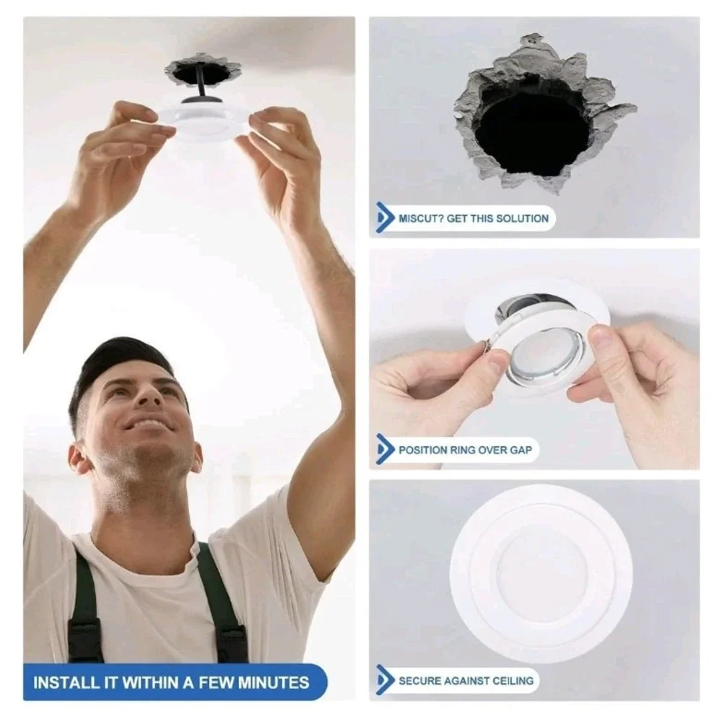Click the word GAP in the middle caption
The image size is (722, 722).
pos(521,450)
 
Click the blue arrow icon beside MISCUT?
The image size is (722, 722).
pos(385,218)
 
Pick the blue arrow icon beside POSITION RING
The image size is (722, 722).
pos(385,449)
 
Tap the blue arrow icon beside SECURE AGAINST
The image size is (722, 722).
pos(385,680)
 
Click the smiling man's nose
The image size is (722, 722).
pos(148,396)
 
